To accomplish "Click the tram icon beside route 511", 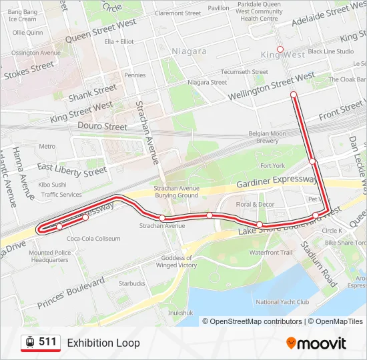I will [x=30, y=343].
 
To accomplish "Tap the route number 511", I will [x=47, y=342].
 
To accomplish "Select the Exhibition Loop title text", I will [x=103, y=343].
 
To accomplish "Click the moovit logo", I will [x=316, y=343].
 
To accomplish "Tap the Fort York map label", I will [x=272, y=165].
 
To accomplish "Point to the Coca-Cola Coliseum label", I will [x=93, y=238].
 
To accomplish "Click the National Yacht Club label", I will [x=282, y=301].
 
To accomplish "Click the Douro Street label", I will [x=102, y=126].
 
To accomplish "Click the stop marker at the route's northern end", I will [x=293, y=95].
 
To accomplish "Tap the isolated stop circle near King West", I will [x=280, y=49].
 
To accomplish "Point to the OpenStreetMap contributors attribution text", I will [x=254, y=321].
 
